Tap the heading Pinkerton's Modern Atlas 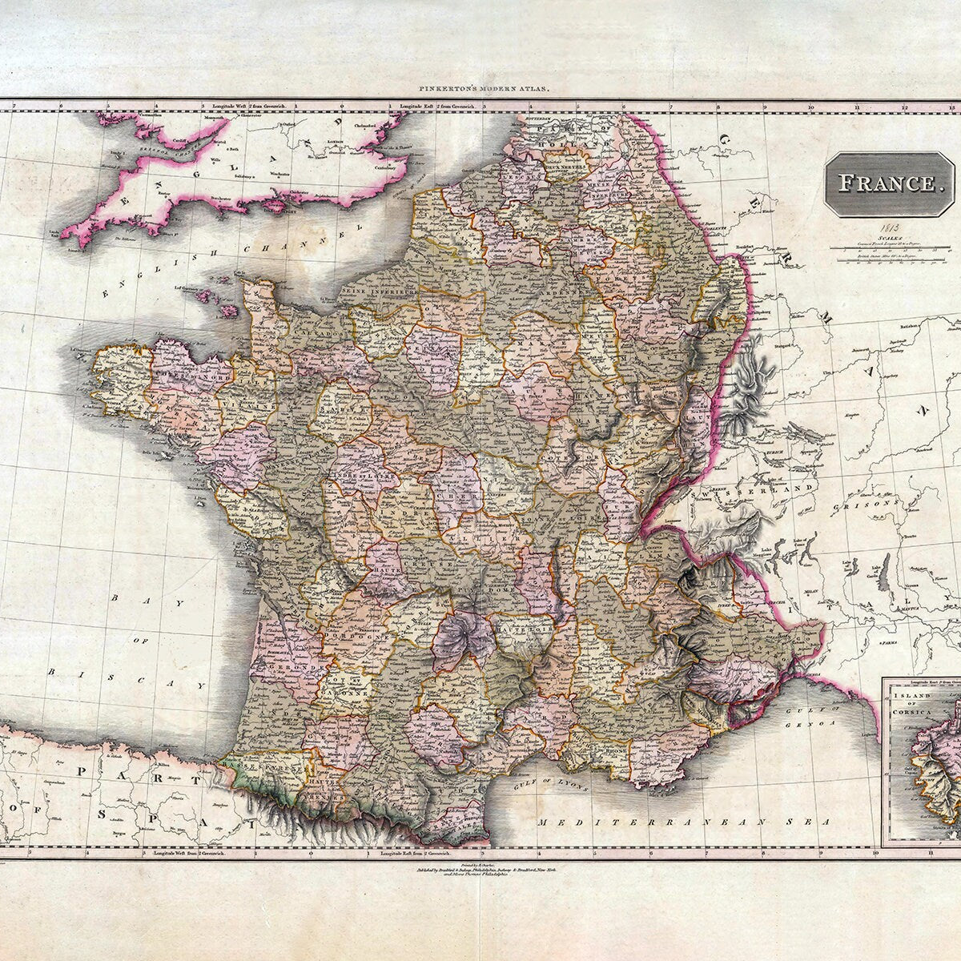479,90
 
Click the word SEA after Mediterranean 814,822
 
